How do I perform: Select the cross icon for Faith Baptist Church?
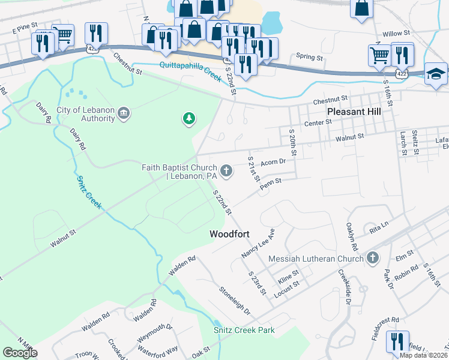tap(227, 172)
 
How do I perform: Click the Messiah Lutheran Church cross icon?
tap(373, 258)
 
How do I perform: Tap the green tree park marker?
tap(189, 119)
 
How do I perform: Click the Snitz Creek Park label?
tap(244, 330)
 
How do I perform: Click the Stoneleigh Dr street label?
tap(234, 300)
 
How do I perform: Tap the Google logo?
tap(20, 353)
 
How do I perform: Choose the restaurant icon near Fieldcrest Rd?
tap(397, 342)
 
